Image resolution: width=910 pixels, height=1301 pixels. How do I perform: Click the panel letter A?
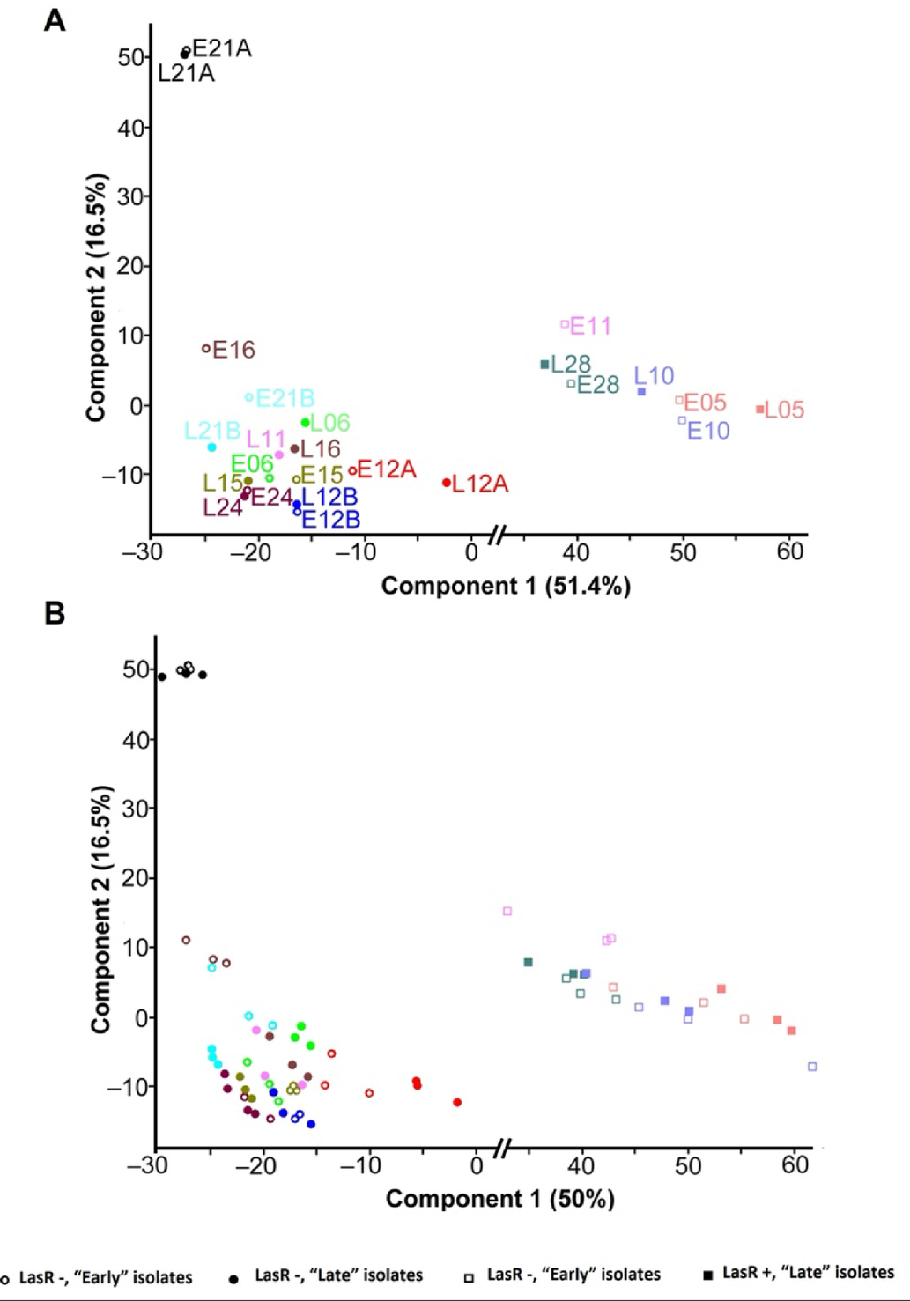tap(55, 19)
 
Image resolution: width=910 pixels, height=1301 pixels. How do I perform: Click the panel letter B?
tap(55, 613)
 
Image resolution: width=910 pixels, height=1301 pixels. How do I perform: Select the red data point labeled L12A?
tap(447, 483)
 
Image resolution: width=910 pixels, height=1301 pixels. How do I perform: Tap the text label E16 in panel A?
tap(233, 351)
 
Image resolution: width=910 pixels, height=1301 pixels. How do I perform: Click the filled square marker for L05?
tap(759, 410)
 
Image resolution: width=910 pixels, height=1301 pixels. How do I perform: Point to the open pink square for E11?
tap(566, 324)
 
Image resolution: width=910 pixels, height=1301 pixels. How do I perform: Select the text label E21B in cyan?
tap(285, 399)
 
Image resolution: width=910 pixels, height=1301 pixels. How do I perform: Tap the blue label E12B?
tap(330, 520)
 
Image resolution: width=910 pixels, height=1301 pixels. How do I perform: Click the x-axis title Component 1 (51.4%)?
tap(506, 587)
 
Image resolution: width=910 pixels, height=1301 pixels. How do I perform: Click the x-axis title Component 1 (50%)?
tap(499, 1199)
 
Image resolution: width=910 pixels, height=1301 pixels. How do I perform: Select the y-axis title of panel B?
tap(101, 909)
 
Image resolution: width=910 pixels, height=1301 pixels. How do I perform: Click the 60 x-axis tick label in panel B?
tap(795, 1165)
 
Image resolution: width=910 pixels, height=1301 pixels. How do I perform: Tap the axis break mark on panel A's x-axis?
tap(498, 535)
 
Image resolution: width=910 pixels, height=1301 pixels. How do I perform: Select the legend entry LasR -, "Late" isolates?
tap(338, 1275)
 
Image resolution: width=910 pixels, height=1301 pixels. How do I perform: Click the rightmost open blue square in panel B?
tap(812, 1067)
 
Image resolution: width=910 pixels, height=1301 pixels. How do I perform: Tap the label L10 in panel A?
tap(653, 376)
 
